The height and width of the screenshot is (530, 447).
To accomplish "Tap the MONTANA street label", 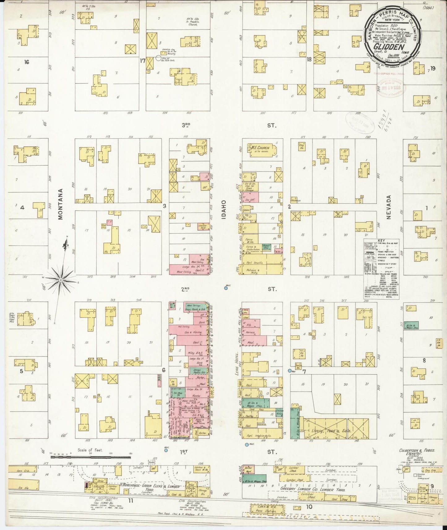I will click(61, 204).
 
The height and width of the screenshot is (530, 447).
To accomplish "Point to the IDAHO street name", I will click(224, 210).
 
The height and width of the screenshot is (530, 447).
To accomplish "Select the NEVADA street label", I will click(389, 207).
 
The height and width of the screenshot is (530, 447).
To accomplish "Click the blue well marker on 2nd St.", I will click(226, 288).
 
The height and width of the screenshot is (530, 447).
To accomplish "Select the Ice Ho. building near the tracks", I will click(24, 488).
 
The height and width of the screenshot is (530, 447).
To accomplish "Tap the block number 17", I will click(142, 61).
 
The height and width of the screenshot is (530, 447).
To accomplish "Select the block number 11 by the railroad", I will click(131, 499).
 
